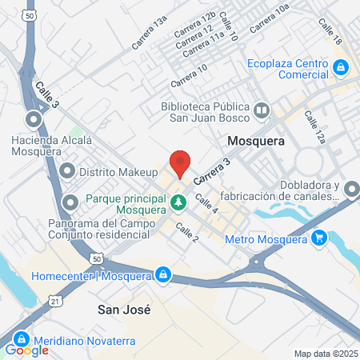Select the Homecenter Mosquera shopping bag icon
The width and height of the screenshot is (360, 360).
coord(163,274)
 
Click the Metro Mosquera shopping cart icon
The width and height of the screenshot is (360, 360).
coord(320,238)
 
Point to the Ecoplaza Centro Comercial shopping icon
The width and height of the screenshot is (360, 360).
coord(342,67)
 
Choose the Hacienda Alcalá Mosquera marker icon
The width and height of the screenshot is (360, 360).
coord(34,121)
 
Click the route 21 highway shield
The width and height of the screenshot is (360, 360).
coord(54,299)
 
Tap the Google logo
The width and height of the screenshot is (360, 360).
coord(27,350)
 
